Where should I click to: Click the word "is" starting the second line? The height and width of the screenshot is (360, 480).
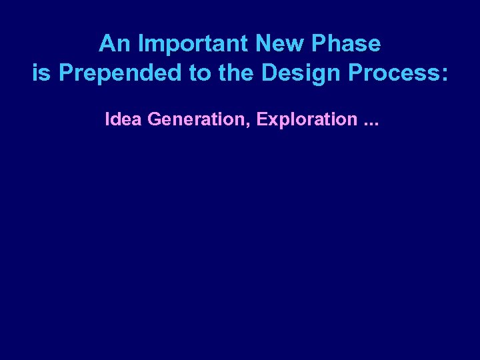point(41,73)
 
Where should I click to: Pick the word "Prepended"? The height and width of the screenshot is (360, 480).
point(120,73)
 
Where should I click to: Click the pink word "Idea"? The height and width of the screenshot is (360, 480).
point(124,119)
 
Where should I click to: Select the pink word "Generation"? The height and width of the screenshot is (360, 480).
point(195,119)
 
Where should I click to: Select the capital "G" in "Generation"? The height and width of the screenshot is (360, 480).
point(154,119)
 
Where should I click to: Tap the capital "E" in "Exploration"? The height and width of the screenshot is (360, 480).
point(261,119)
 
